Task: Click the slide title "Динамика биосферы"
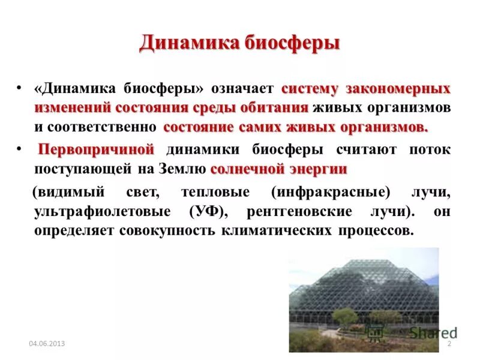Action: click(240, 44)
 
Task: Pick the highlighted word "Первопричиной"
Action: click(97, 149)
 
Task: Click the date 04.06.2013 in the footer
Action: click(47, 344)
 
